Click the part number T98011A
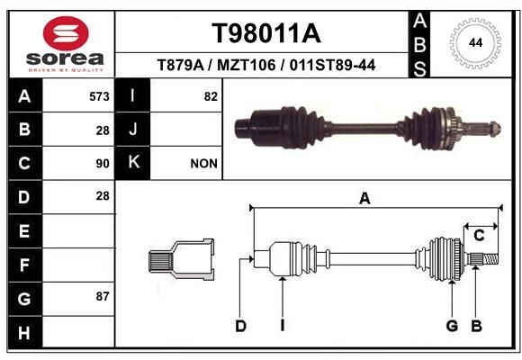tap(265, 34)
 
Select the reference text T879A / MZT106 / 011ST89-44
tap(265, 66)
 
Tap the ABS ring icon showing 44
tap(473, 43)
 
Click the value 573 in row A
tap(99, 96)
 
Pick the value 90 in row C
tap(102, 164)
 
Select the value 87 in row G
tap(102, 296)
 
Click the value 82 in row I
tap(210, 96)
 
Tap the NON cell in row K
tap(203, 164)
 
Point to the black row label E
tap(24, 230)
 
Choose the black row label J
tap(133, 130)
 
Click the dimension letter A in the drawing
tap(364, 200)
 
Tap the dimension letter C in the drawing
tap(479, 236)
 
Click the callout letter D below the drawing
tap(240, 326)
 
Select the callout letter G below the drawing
tap(452, 326)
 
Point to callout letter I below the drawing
tap(282, 326)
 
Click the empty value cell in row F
tap(80, 265)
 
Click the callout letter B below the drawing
tap(477, 326)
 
